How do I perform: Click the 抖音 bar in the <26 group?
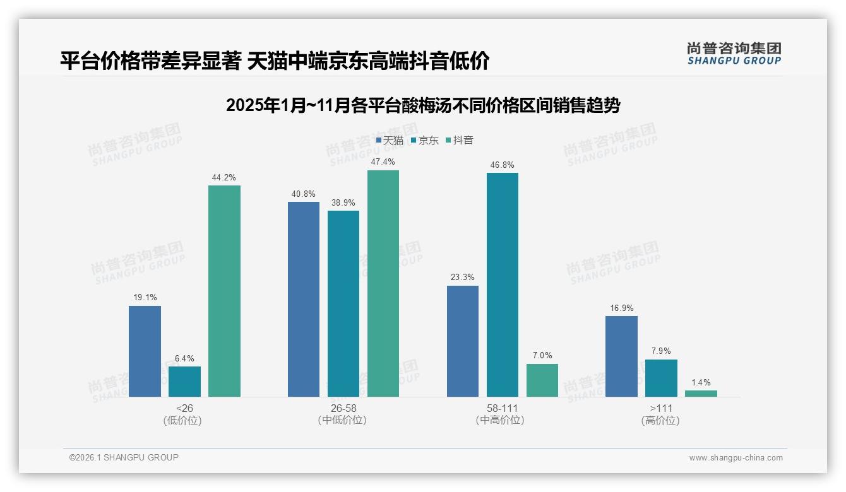pos(224,291)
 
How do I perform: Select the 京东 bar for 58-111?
pos(503,284)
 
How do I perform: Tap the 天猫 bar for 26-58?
pos(304,299)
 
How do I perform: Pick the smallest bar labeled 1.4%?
pos(701,394)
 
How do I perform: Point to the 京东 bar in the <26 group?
pos(184,382)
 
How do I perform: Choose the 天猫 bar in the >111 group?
pos(621,356)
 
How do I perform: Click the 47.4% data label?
pos(383,162)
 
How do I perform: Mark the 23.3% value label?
pos(463,278)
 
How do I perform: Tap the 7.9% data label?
pos(661,351)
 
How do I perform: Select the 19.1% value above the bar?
pos(145,298)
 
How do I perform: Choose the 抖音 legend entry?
pos(460,140)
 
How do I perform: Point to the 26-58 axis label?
pos(343,408)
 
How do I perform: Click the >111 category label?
pos(661,408)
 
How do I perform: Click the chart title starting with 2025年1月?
pos(423,105)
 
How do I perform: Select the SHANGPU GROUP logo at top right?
pos(734,53)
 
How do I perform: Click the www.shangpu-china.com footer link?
pos(736,458)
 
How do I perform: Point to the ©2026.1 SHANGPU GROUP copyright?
pos(124,457)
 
